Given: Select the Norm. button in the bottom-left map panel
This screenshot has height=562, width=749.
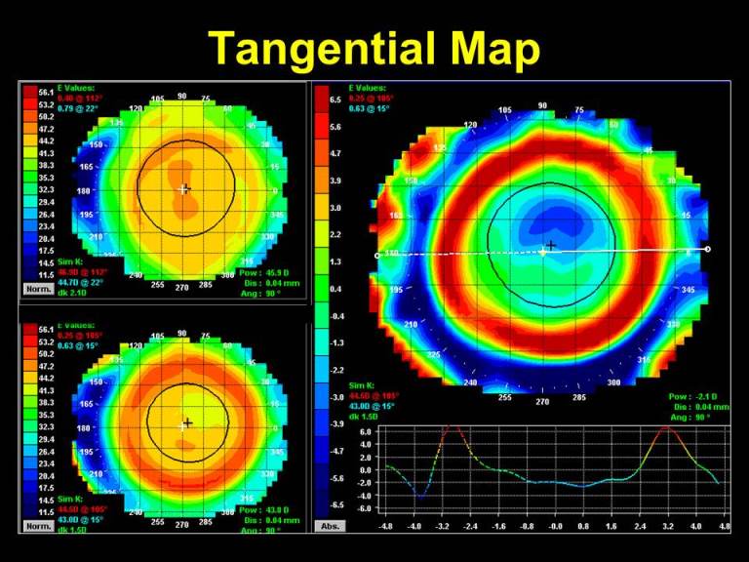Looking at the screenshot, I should point(38,526).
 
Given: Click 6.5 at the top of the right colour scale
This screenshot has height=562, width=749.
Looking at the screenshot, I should point(335,100).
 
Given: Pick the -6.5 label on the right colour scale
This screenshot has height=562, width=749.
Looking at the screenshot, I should point(335,504).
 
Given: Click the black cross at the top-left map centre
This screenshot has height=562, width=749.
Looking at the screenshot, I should point(186,187).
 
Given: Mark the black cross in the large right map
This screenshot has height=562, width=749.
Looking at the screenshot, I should point(551,246).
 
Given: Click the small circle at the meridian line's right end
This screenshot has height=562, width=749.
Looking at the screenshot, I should point(708,249).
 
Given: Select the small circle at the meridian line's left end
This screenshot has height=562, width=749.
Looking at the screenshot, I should point(377,256).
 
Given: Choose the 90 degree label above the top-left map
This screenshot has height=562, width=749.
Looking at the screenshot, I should point(181,97).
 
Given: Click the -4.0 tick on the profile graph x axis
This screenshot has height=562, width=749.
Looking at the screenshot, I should point(415,527).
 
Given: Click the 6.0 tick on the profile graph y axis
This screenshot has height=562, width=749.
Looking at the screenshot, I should point(364,431).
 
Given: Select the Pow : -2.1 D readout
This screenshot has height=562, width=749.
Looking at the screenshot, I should point(693,396).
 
